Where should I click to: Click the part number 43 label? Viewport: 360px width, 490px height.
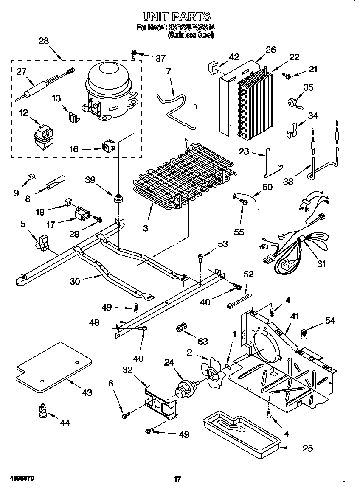point(87,393)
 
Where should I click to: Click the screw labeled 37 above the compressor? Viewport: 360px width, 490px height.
point(134,53)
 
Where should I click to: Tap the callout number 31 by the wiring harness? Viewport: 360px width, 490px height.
point(321,264)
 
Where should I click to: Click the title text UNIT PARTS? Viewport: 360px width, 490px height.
point(176,17)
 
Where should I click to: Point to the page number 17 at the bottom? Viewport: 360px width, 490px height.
point(177,479)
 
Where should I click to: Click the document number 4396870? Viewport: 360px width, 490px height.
point(17,478)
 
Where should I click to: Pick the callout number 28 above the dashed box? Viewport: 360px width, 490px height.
point(44,41)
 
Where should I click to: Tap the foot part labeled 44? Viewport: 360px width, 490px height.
point(42,412)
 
